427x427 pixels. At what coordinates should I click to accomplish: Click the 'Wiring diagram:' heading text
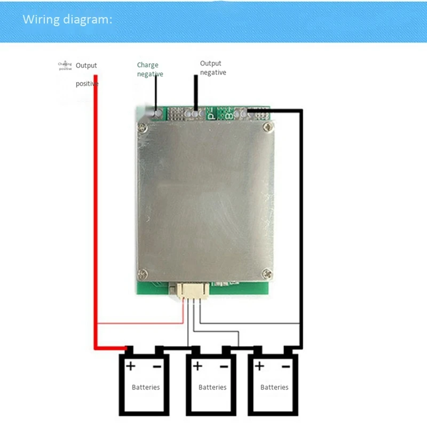pyautogui.click(x=67, y=20)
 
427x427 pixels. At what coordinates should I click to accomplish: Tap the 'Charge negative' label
pyautogui.click(x=149, y=70)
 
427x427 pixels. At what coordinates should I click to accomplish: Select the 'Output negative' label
pyautogui.click(x=212, y=68)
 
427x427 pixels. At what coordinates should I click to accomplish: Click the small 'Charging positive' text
pyautogui.click(x=65, y=66)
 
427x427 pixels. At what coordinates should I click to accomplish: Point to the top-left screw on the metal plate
pyautogui.click(x=143, y=127)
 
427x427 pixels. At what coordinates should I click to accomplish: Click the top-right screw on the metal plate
pyautogui.click(x=267, y=127)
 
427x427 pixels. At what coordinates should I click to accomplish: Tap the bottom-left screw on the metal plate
pyautogui.click(x=143, y=274)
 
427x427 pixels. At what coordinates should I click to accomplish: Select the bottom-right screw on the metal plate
pyautogui.click(x=267, y=274)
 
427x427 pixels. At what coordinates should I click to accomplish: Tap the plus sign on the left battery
pyautogui.click(x=130, y=366)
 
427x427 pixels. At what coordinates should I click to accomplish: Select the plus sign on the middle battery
pyautogui.click(x=197, y=366)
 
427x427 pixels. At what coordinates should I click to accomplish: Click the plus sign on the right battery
pyautogui.click(x=260, y=366)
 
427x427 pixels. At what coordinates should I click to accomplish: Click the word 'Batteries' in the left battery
pyautogui.click(x=146, y=387)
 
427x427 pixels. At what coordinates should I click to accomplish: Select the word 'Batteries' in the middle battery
pyautogui.click(x=212, y=387)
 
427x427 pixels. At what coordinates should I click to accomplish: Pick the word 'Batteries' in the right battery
pyautogui.click(x=274, y=387)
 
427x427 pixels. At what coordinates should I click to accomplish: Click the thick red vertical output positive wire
pyautogui.click(x=96, y=213)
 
